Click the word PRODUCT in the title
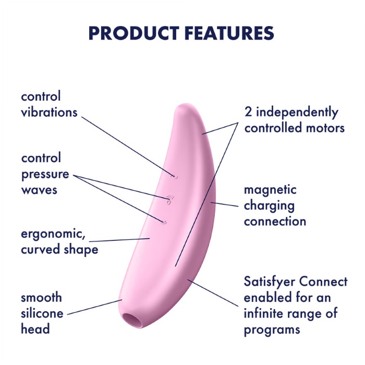click(x=134, y=33)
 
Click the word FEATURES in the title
click(x=229, y=33)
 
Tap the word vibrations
click(x=49, y=112)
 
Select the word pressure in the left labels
click(x=45, y=175)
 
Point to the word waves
click(x=39, y=190)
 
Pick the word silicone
click(x=42, y=313)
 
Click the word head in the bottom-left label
click(x=35, y=328)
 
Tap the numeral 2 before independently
click(x=248, y=112)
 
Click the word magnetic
click(x=270, y=190)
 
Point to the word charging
click(x=269, y=206)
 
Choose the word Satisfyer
click(x=270, y=282)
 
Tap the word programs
click(x=272, y=330)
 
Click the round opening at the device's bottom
click(x=132, y=320)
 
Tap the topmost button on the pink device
click(x=174, y=177)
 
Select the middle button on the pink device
click(x=169, y=200)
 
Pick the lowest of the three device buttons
click(x=164, y=222)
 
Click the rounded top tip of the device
click(x=184, y=106)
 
